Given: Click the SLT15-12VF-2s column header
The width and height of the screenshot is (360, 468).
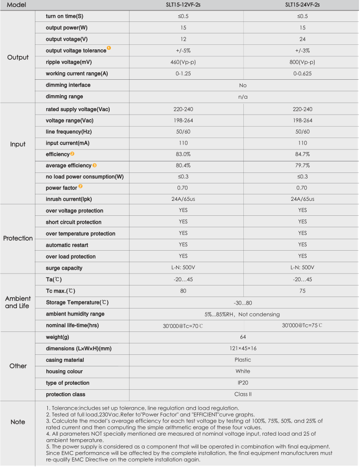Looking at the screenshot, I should point(186,5).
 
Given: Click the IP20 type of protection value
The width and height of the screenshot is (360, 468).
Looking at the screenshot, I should point(243,383).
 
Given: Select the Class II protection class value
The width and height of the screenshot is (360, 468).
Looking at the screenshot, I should point(243,394).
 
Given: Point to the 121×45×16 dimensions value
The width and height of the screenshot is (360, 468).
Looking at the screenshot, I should point(243,348).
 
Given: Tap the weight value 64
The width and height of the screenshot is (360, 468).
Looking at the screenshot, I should point(243,337).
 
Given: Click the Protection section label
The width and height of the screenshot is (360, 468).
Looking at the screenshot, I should point(18,239).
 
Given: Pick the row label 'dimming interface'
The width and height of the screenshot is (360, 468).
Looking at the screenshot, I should point(68,85).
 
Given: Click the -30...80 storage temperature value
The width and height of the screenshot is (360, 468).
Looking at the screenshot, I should point(243,303).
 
